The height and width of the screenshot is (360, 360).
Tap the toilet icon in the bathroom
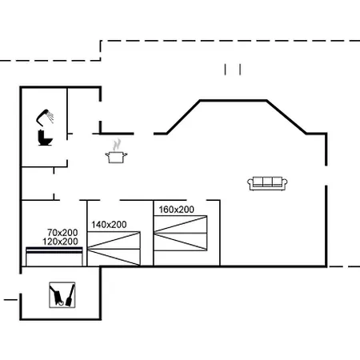[45, 138]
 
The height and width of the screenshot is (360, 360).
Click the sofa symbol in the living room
[267, 183]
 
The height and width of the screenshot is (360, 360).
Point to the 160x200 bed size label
[176, 210]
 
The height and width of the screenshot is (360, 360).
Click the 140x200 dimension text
[109, 225]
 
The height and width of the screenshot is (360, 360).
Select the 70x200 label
[62, 233]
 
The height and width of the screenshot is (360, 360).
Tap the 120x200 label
[60, 242]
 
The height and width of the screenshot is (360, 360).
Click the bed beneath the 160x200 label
[181, 233]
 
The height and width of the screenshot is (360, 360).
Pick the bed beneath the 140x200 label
[114, 249]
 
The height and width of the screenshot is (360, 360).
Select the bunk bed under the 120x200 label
[54, 257]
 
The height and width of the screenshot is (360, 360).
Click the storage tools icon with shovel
[62, 295]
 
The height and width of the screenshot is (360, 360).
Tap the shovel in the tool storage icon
[70, 295]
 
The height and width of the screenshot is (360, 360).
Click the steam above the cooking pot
[117, 145]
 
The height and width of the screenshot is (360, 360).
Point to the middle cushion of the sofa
[267, 182]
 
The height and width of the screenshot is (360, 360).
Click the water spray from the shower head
[50, 117]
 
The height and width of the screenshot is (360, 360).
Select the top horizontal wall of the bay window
[234, 101]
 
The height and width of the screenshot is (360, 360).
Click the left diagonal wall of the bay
[183, 117]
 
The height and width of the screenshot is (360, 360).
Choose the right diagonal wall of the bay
[286, 117]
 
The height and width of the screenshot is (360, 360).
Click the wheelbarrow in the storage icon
[57, 295]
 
